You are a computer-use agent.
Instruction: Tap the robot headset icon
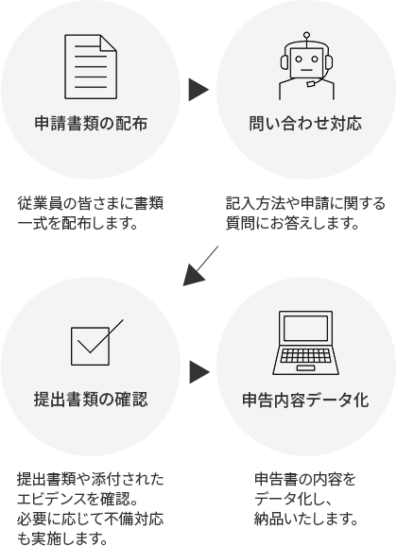pyautogui.click(x=304, y=64)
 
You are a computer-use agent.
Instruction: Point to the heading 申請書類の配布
pyautogui.click(x=91, y=123)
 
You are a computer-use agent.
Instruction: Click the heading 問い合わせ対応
pyautogui.click(x=304, y=123)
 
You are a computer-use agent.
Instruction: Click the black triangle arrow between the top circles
pyautogui.click(x=198, y=90)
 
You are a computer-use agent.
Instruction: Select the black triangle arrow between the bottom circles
pyautogui.click(x=198, y=369)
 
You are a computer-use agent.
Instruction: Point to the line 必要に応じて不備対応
pyautogui.click(x=91, y=520)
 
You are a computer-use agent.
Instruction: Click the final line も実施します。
pyautogui.click(x=58, y=540)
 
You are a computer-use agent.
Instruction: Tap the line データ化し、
pyautogui.click(x=291, y=500)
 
